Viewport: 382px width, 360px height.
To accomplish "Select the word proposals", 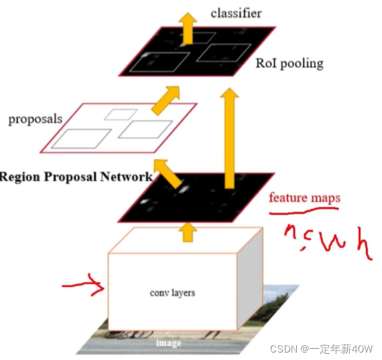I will tap(35, 118).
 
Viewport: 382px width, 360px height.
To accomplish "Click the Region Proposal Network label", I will tap(76, 176).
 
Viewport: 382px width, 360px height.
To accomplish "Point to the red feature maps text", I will tap(304, 198).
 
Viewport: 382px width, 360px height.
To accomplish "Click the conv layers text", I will tap(172, 292).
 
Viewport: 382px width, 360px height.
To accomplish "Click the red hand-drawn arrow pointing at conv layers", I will tap(82, 287).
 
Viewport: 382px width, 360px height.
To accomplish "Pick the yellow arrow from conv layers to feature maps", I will tap(187, 232).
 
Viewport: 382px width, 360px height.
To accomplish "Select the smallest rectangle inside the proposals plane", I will tap(120, 114).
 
